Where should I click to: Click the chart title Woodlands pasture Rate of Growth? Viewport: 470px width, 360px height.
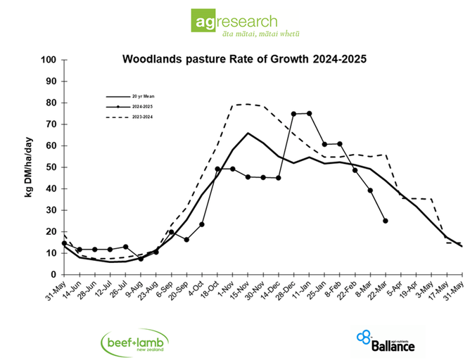[x=244, y=59]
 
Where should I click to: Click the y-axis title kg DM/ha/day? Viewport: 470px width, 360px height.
[x=29, y=167]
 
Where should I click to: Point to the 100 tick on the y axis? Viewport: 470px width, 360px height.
[x=49, y=60]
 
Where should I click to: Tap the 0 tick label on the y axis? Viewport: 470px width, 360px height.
[x=53, y=274]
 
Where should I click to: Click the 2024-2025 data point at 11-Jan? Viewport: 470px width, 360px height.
[x=309, y=113]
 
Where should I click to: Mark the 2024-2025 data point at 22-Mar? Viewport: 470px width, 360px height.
[x=385, y=221]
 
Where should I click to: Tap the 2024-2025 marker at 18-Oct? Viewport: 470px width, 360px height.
[x=217, y=169]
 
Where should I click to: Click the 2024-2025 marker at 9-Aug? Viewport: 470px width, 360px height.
[x=141, y=259]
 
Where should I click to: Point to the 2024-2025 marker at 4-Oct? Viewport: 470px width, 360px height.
[x=202, y=224]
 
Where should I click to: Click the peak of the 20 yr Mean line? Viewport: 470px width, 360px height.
[x=248, y=133]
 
